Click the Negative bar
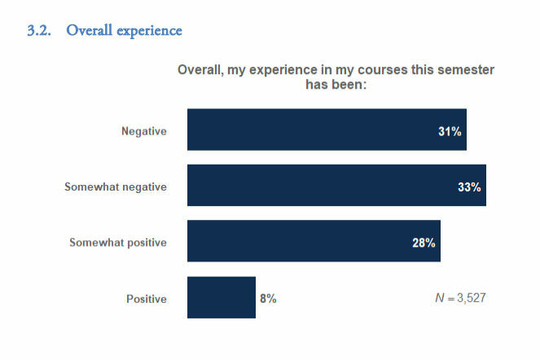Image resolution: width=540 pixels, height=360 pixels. (x=326, y=130)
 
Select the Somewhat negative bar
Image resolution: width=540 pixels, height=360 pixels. (x=336, y=185)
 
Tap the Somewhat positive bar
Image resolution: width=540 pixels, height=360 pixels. (x=314, y=241)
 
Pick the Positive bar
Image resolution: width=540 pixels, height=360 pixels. (x=221, y=297)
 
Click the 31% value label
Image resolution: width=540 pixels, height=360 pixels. (x=450, y=131)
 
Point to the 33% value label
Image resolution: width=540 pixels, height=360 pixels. (x=469, y=187)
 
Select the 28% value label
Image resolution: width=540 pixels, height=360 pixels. (x=424, y=243)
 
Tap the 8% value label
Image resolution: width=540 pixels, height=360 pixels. (x=268, y=299)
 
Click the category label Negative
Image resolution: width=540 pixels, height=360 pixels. (x=144, y=131)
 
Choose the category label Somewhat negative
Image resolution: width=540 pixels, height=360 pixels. (x=116, y=187)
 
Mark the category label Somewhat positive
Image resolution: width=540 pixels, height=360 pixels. (x=118, y=243)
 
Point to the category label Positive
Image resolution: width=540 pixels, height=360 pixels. (x=147, y=299)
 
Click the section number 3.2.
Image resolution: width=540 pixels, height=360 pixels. (x=40, y=31)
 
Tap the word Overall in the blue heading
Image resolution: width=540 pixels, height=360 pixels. (x=88, y=31)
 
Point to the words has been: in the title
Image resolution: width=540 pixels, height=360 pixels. (x=336, y=84)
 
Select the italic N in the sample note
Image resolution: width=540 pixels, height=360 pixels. (x=439, y=299)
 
